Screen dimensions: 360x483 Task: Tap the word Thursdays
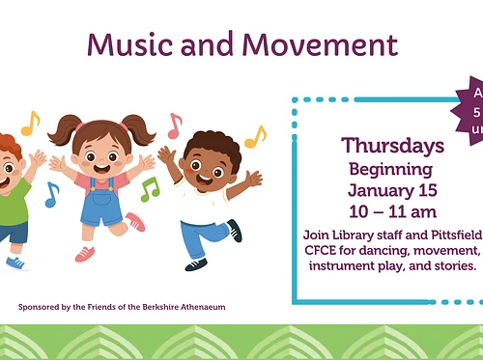392,146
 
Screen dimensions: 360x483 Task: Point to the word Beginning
392,168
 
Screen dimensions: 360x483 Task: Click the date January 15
392,189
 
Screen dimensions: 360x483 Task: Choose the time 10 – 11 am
392,210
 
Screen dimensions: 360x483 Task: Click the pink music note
174,125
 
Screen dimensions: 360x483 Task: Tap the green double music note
149,189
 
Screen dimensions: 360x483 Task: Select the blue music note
51,194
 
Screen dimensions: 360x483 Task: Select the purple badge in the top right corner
473,111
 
